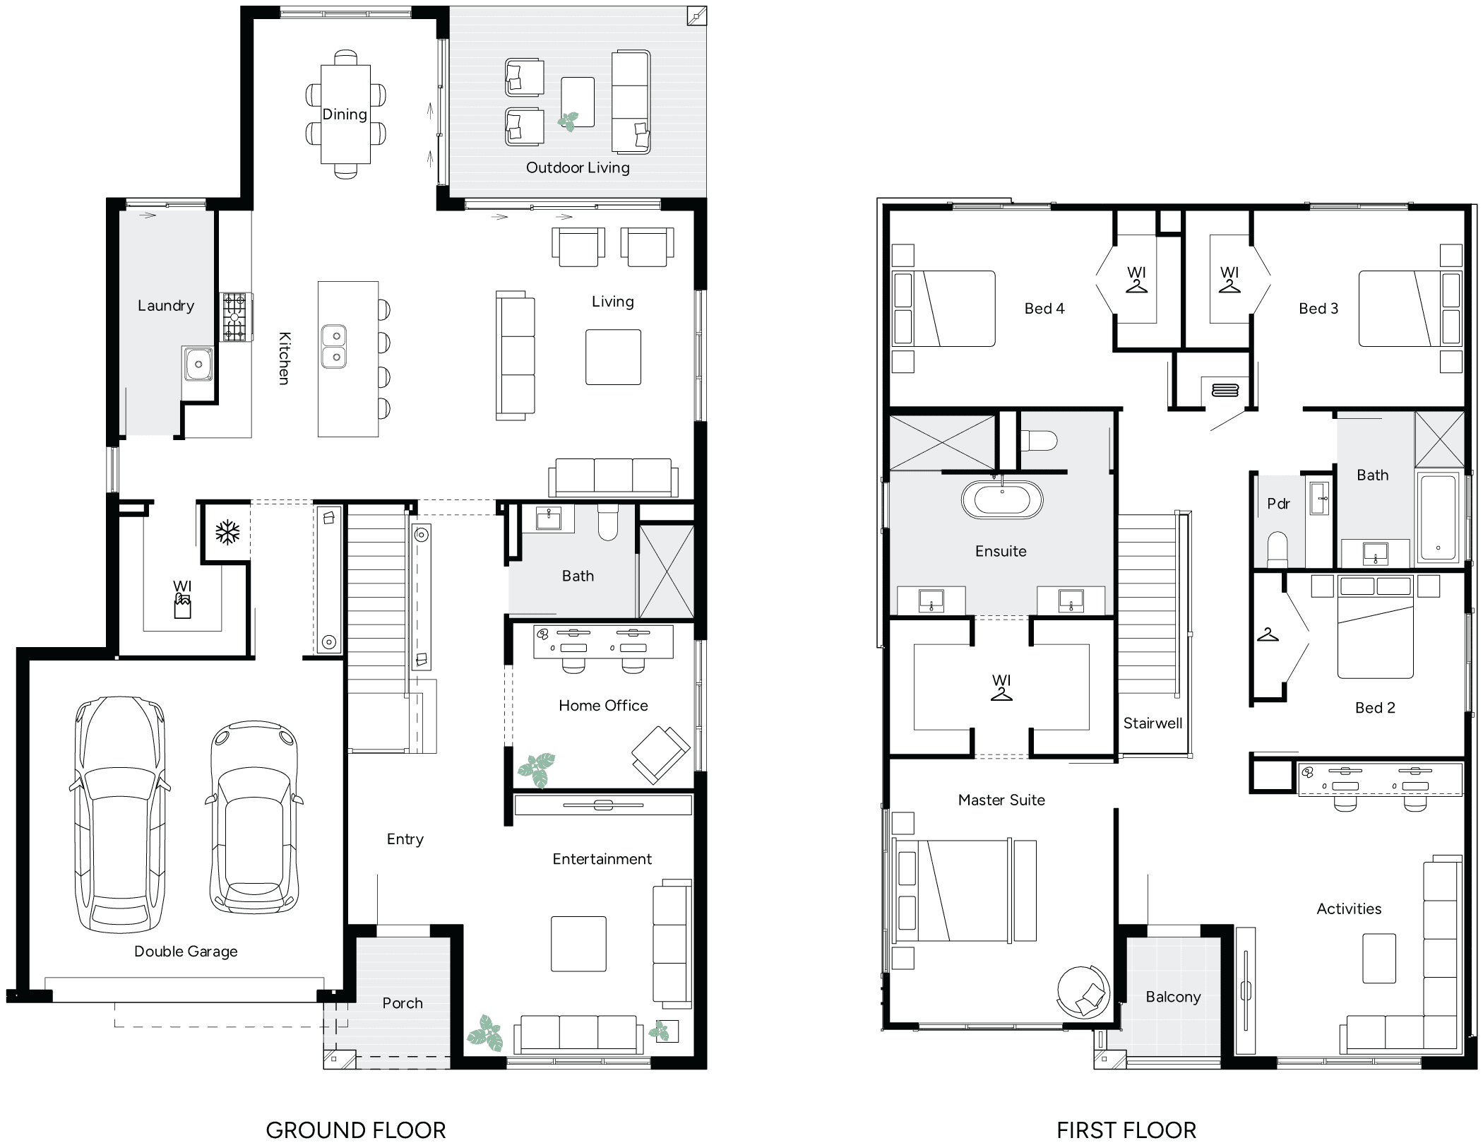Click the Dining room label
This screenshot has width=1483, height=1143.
pyautogui.click(x=345, y=114)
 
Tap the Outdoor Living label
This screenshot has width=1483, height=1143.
pyautogui.click(x=578, y=168)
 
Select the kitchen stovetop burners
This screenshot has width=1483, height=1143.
pyautogui.click(x=235, y=317)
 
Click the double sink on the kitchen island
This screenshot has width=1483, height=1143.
pyautogui.click(x=334, y=346)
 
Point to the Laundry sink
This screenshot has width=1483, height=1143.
pyautogui.click(x=198, y=363)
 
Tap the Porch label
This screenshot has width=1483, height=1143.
pyautogui.click(x=403, y=1003)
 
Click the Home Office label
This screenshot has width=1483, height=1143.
pyautogui.click(x=603, y=706)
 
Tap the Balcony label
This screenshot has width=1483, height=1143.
pyautogui.click(x=1173, y=997)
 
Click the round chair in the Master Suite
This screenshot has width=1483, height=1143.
pyautogui.click(x=1083, y=992)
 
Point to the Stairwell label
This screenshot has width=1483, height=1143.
pyautogui.click(x=1153, y=723)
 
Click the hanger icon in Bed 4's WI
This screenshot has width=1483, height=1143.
pyautogui.click(x=1136, y=286)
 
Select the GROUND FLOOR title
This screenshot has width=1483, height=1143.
pyautogui.click(x=356, y=1130)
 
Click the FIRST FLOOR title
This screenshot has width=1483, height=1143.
pyautogui.click(x=1126, y=1130)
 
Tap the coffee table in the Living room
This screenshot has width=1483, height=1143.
pyautogui.click(x=613, y=357)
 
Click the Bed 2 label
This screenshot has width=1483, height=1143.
pyautogui.click(x=1375, y=708)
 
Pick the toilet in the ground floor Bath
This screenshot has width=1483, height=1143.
pyautogui.click(x=608, y=523)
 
